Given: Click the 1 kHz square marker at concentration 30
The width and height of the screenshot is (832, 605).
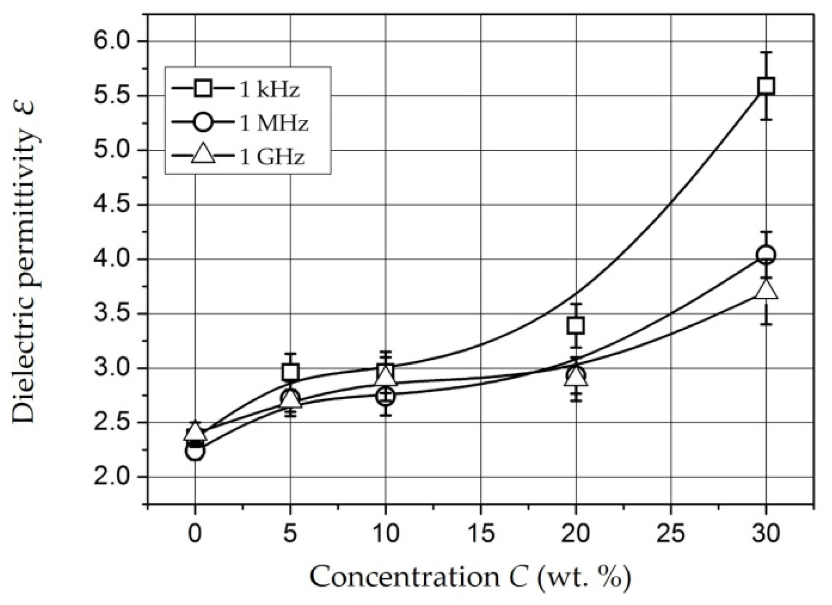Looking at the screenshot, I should click(765, 86).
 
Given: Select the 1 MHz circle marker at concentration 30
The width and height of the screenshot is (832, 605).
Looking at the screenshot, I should click(765, 255).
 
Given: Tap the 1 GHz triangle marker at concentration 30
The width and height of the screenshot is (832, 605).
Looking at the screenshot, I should click(766, 290).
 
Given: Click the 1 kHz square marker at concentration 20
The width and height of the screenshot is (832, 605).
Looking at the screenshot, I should click(575, 326).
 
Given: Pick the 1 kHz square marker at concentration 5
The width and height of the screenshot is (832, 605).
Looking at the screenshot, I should click(290, 372).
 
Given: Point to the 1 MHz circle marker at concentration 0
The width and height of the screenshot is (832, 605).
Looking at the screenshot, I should click(195, 451).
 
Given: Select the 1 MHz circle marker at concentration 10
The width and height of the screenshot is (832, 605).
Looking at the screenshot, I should click(385, 396).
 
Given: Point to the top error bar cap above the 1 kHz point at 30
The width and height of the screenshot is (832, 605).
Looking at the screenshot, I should click(766, 52).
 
